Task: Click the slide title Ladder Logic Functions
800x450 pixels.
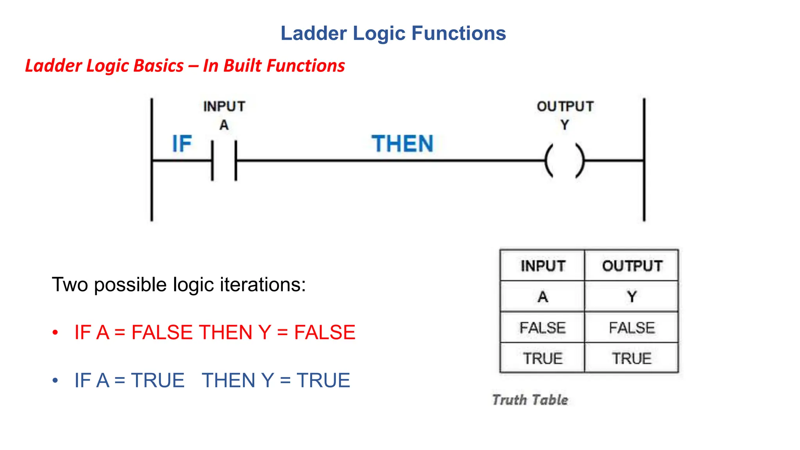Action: pyautogui.click(x=393, y=33)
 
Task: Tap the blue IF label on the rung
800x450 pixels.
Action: pyautogui.click(x=182, y=144)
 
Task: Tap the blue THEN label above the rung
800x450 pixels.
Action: pyautogui.click(x=402, y=144)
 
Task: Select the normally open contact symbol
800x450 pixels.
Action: pyautogui.click(x=224, y=161)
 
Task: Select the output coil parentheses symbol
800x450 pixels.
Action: pyautogui.click(x=565, y=161)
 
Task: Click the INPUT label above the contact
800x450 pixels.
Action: pyautogui.click(x=224, y=106)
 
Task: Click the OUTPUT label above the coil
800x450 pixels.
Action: pyautogui.click(x=565, y=106)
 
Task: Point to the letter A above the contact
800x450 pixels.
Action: pyautogui.click(x=224, y=125)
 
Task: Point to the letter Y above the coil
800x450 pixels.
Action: pyautogui.click(x=565, y=125)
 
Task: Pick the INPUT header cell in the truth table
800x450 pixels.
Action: pyautogui.click(x=543, y=266)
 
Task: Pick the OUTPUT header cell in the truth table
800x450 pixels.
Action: pyautogui.click(x=632, y=266)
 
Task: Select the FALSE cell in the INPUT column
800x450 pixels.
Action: pyautogui.click(x=543, y=327)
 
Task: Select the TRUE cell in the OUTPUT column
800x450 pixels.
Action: pyautogui.click(x=632, y=358)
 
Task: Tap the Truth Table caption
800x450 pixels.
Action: pyautogui.click(x=530, y=400)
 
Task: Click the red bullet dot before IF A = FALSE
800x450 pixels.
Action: pyautogui.click(x=55, y=332)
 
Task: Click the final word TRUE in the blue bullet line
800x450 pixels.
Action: pyautogui.click(x=323, y=380)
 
